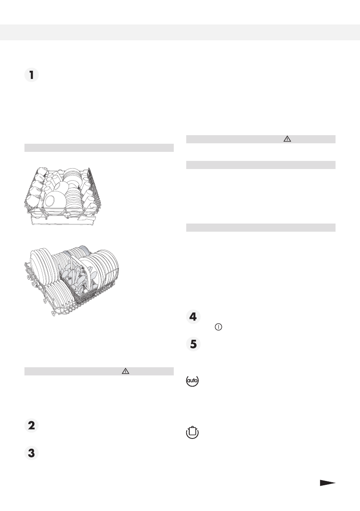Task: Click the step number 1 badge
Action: coord(31,76)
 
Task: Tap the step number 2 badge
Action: coord(31,426)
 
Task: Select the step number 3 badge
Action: coord(31,454)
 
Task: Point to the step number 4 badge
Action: coord(194,317)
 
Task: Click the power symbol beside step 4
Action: coord(219,327)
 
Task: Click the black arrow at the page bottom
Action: coord(327,483)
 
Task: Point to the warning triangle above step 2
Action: coord(126,372)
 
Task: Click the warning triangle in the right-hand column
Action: coord(287,139)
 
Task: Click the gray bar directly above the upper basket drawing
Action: coord(99,148)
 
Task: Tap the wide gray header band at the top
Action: coord(180,32)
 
